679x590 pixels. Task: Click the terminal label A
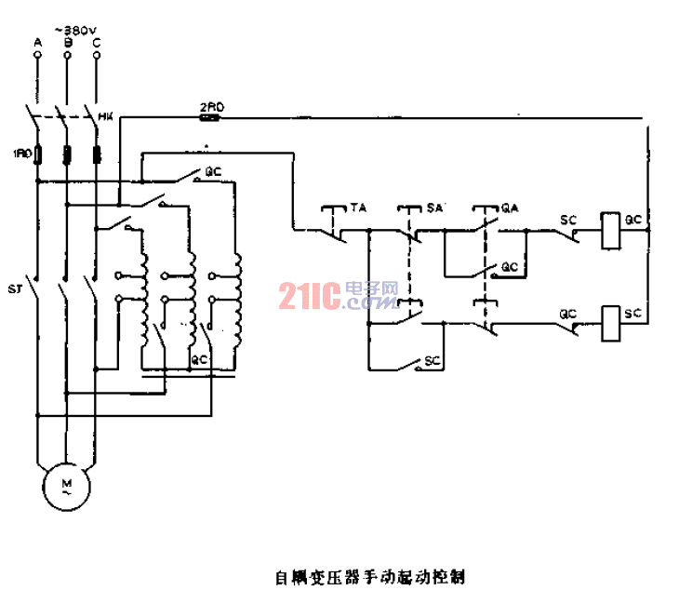[x=37, y=43]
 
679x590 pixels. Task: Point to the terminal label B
[x=67, y=43]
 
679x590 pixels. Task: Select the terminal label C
[x=97, y=43]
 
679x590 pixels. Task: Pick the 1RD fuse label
[x=20, y=153]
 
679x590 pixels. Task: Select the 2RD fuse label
[x=209, y=107]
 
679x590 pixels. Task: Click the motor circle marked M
[x=66, y=487]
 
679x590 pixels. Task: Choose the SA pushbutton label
[x=433, y=208]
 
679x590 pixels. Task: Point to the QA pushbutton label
[x=509, y=208]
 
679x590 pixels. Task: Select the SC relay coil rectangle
[x=610, y=322]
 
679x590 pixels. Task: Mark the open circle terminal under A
[x=37, y=56]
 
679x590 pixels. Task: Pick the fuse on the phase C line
[x=97, y=154]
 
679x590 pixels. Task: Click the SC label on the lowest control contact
[x=431, y=360]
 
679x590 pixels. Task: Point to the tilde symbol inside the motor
[x=66, y=494]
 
